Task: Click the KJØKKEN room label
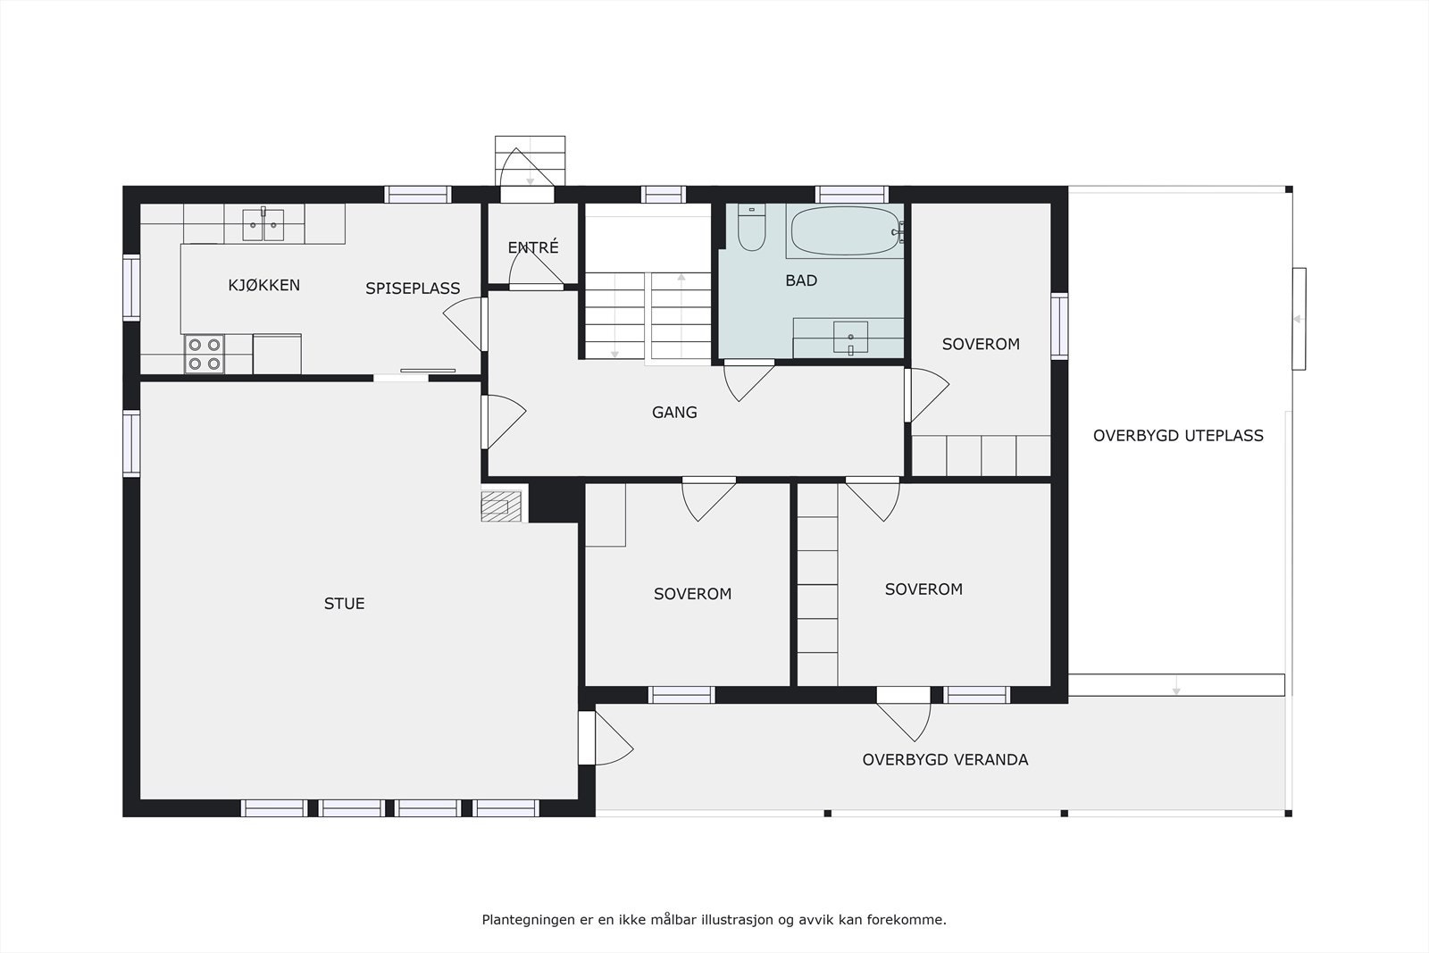(263, 286)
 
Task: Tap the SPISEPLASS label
(412, 288)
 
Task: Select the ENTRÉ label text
(532, 248)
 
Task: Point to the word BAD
(800, 280)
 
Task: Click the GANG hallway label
(673, 413)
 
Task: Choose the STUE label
(344, 604)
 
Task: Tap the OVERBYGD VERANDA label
(944, 760)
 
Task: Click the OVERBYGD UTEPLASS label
(1177, 436)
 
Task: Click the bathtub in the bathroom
(844, 231)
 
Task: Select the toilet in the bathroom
(751, 229)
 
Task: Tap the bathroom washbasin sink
(849, 338)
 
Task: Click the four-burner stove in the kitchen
(204, 354)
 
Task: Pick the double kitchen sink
(263, 224)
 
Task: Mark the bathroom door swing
(747, 380)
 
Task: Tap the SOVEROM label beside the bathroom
(980, 344)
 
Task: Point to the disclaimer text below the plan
(714, 919)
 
